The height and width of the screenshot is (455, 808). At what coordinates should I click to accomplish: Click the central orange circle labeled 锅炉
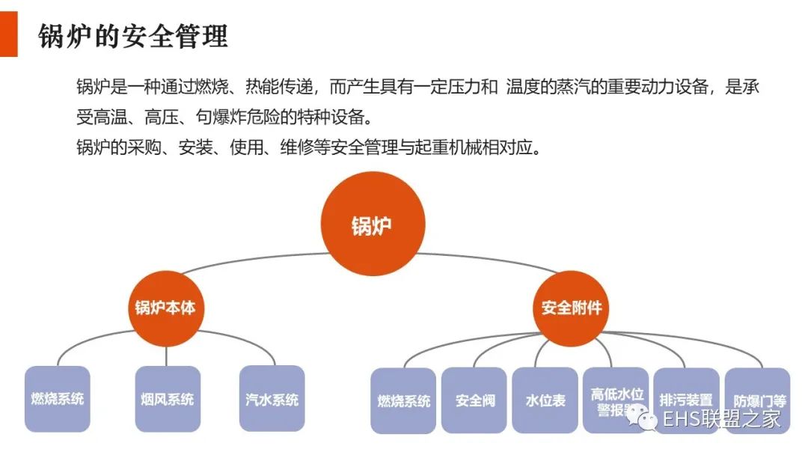372,225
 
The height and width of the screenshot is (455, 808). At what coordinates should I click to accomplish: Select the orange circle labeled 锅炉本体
166,307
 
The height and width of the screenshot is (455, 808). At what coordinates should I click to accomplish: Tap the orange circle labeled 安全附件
571,307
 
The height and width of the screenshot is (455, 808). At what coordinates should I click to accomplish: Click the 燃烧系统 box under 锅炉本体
57,398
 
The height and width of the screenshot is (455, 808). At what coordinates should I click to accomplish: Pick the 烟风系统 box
167,398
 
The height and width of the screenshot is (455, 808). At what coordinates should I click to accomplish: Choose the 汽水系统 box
272,398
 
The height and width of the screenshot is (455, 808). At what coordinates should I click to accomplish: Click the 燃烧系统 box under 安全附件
403,400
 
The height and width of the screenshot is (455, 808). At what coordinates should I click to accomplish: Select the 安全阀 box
474,400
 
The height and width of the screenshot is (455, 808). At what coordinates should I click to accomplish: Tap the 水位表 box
545,400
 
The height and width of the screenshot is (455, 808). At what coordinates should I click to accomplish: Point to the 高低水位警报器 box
616,400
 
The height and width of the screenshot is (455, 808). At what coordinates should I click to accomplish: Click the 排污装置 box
686,400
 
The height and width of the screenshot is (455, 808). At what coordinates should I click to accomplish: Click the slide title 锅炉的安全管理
132,36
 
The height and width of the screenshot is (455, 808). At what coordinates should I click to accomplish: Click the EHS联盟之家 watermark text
721,418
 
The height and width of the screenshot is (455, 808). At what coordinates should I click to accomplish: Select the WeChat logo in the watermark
643,417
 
